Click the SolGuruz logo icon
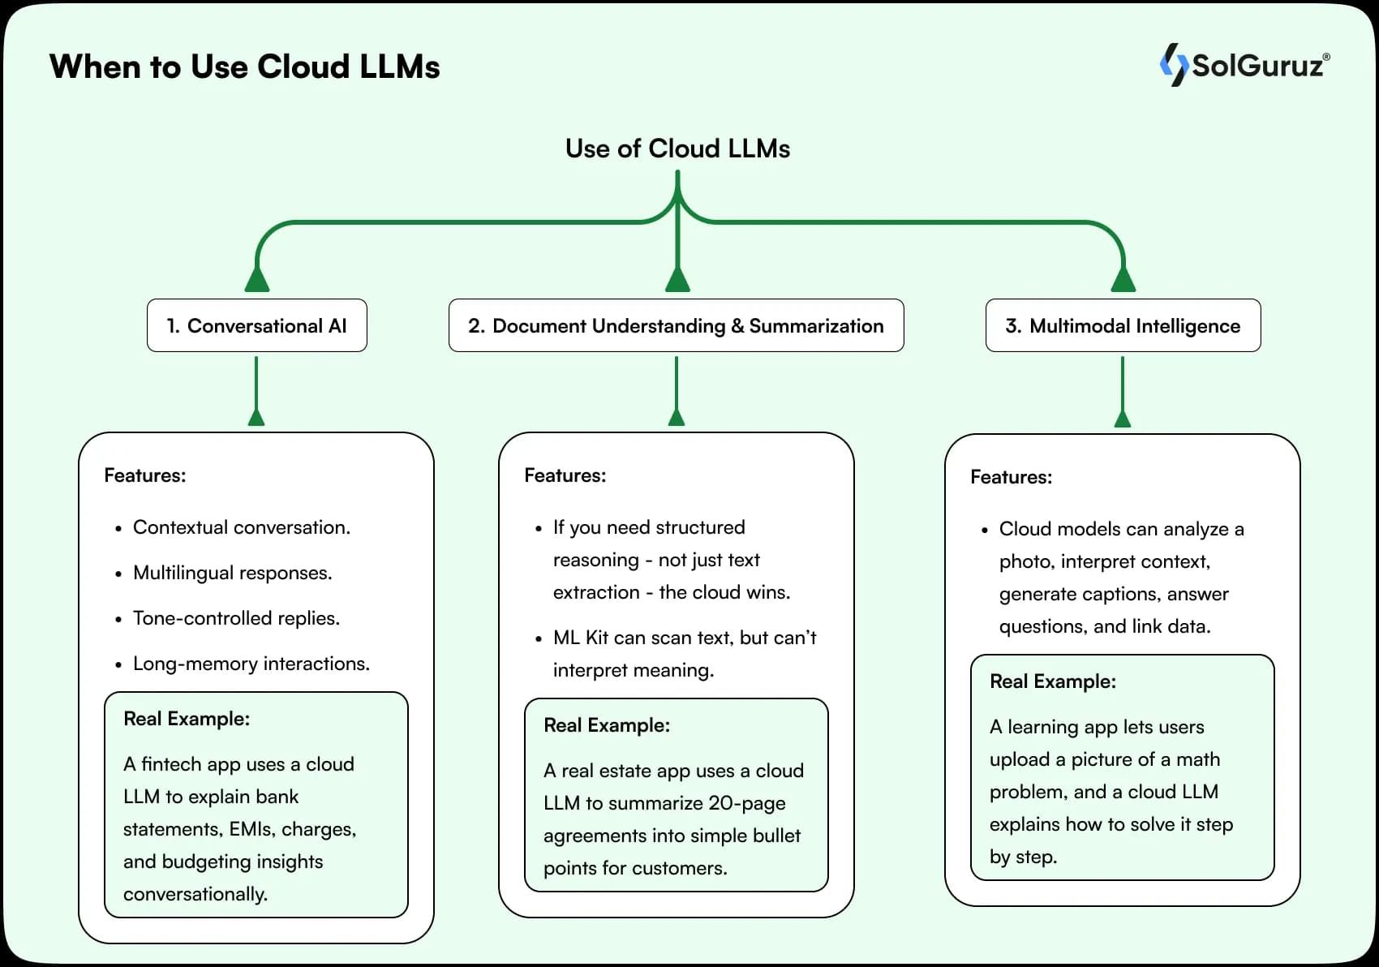tap(1173, 65)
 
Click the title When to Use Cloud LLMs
tap(244, 67)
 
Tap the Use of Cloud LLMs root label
tap(677, 148)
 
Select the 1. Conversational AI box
tap(256, 325)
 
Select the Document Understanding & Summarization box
tap(676, 325)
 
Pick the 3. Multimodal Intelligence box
tap(1123, 325)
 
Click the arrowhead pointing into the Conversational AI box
tap(257, 280)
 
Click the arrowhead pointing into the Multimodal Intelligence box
tap(1123, 280)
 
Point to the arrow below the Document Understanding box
tap(676, 393)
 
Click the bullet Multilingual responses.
tap(232, 573)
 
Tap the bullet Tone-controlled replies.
tap(236, 618)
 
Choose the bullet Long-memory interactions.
tap(251, 664)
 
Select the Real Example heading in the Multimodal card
tap(1052, 681)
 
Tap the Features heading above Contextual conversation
tap(144, 475)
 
